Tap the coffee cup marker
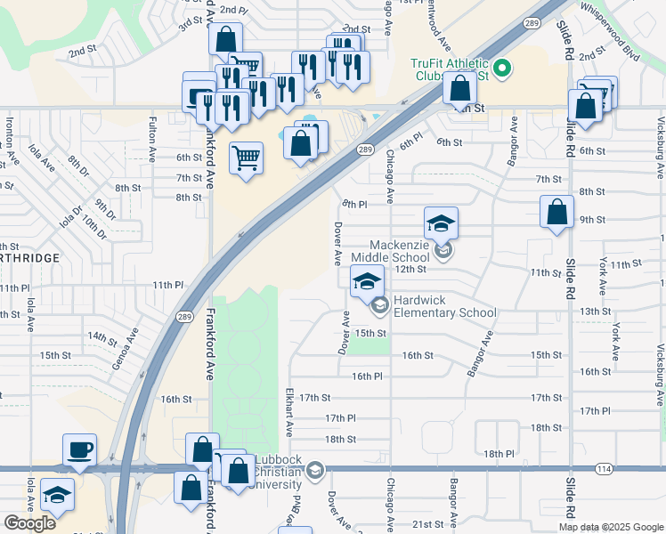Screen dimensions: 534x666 (x=79, y=450)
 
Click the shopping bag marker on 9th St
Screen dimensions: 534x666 (x=556, y=214)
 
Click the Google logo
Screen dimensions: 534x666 (x=29, y=523)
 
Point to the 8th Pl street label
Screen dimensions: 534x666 (x=354, y=204)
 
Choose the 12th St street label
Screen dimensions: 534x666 (x=410, y=269)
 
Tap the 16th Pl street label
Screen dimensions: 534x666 (x=367, y=376)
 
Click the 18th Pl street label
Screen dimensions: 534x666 (x=499, y=453)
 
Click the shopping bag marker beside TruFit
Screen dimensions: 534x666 (x=460, y=89)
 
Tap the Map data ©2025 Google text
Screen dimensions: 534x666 (x=610, y=526)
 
